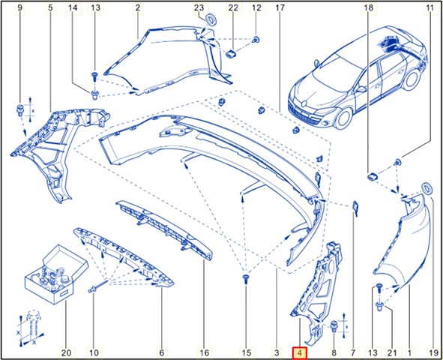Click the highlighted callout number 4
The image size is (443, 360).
click(300, 352)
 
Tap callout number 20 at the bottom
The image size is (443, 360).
click(66, 352)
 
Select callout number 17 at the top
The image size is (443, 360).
click(280, 7)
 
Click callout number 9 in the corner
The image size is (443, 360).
click(19, 7)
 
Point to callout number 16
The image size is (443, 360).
click(205, 352)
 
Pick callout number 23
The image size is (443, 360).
click(199, 7)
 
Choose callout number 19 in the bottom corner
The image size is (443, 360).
click(433, 352)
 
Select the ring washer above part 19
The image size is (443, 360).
click(427, 188)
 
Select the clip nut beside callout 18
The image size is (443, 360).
click(373, 177)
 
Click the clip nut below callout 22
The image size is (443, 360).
click(232, 53)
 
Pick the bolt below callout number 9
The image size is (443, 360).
click(21, 109)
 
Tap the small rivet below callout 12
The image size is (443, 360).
click(256, 40)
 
